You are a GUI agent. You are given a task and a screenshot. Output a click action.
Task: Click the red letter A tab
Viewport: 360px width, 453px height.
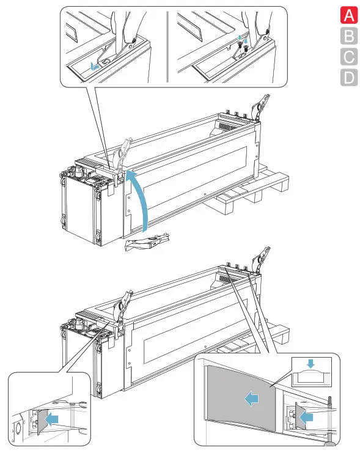[x=349, y=15]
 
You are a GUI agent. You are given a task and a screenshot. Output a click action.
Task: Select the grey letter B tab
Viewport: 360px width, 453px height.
[x=349, y=36]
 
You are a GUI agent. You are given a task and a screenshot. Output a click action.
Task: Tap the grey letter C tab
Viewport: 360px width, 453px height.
[x=349, y=57]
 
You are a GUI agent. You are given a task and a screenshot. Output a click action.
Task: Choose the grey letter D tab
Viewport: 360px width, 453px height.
[x=349, y=78]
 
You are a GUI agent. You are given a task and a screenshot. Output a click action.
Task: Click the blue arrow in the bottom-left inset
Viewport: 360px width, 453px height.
[x=53, y=419]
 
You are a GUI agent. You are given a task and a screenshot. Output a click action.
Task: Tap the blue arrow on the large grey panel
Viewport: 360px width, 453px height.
[x=252, y=399]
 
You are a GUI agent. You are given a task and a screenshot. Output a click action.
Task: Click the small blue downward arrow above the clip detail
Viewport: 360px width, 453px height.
[x=310, y=364]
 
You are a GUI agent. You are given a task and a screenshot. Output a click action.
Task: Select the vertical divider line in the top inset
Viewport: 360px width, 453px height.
[x=167, y=47]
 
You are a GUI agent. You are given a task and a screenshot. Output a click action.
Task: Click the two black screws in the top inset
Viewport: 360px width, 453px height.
[x=243, y=47]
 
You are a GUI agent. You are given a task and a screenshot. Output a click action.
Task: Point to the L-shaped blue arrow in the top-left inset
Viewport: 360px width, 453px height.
[x=94, y=67]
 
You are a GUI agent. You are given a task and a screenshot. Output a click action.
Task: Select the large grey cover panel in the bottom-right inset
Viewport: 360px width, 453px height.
[x=240, y=398]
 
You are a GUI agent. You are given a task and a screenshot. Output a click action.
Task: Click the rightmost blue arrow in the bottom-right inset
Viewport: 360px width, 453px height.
[x=306, y=418]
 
